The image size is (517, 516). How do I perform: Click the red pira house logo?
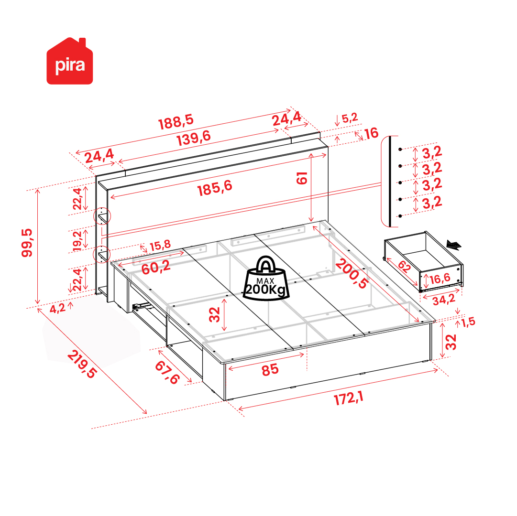pos(69,61)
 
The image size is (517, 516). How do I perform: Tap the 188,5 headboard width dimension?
pos(176,122)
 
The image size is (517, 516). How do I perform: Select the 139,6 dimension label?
pos(194,138)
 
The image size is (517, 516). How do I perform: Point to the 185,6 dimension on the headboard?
pos(215,188)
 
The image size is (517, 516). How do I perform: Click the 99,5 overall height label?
pos(27,243)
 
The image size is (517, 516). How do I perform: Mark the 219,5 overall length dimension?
pos(82,364)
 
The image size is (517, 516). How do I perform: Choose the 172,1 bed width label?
pos(349,398)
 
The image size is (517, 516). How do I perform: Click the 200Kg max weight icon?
pos(266,279)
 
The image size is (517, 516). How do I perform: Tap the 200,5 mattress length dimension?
pos(352,274)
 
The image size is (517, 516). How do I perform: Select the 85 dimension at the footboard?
pos(270,370)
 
